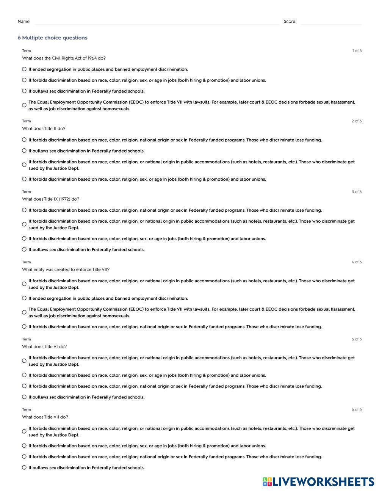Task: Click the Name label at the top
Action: coord(24,22)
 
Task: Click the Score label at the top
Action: coord(290,22)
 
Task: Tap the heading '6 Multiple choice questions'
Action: coord(52,38)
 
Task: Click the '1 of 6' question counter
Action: coord(357,51)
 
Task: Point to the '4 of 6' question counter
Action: coord(356,262)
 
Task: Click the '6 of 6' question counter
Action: coord(356,410)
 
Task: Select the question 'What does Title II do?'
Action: coord(44,129)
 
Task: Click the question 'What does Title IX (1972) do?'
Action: coord(50,199)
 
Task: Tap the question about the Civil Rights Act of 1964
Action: coord(64,58)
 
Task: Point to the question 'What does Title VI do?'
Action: coord(44,347)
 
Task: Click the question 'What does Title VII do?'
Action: coord(45,417)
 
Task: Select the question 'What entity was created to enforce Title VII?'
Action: coord(66,270)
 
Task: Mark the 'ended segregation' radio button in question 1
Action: coord(24,69)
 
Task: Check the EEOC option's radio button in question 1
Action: coord(24,105)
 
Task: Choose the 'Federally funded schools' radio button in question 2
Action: coord(24,151)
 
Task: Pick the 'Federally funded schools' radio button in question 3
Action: coord(24,249)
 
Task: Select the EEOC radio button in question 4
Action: coord(24,312)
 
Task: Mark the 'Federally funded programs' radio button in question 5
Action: coord(24,386)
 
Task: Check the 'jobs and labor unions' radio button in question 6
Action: coord(24,445)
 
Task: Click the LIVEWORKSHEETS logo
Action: coord(318,482)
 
